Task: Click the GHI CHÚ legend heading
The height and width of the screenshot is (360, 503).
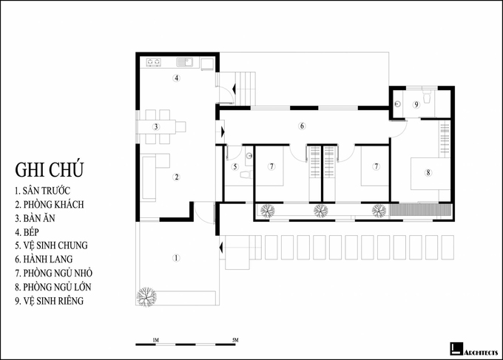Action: pos(49,169)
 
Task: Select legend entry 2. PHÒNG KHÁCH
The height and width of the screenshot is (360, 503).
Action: pos(50,205)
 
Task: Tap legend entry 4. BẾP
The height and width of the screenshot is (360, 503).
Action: pos(27,232)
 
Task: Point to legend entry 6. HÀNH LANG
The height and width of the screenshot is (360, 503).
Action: pos(44,259)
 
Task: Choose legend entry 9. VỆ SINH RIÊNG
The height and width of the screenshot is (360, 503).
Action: pos(49,301)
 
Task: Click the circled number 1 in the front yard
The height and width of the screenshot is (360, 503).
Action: pos(176,258)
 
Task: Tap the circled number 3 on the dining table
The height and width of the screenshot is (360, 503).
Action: pos(156,126)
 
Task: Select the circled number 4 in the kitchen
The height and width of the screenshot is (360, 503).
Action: pos(176,78)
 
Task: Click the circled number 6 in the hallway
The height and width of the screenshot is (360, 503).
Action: pos(302,126)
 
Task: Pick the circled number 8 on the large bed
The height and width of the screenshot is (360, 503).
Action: pos(428,172)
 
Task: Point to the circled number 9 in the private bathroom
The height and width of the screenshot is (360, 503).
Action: pos(416,104)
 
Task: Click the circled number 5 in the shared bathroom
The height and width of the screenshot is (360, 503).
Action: pos(235,166)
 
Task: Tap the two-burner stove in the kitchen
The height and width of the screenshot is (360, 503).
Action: pos(154,62)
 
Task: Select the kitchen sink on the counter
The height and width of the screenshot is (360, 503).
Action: pos(185,62)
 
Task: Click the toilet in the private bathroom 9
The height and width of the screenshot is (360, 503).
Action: pos(427,97)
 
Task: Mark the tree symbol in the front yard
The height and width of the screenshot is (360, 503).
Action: pos(146,297)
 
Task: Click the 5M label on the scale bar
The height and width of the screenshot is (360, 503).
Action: pos(235,340)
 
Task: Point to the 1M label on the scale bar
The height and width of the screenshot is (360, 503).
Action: pos(156,340)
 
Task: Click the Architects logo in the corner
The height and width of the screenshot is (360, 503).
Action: pos(473,350)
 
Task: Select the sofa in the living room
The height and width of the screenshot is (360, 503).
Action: pos(149,177)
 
